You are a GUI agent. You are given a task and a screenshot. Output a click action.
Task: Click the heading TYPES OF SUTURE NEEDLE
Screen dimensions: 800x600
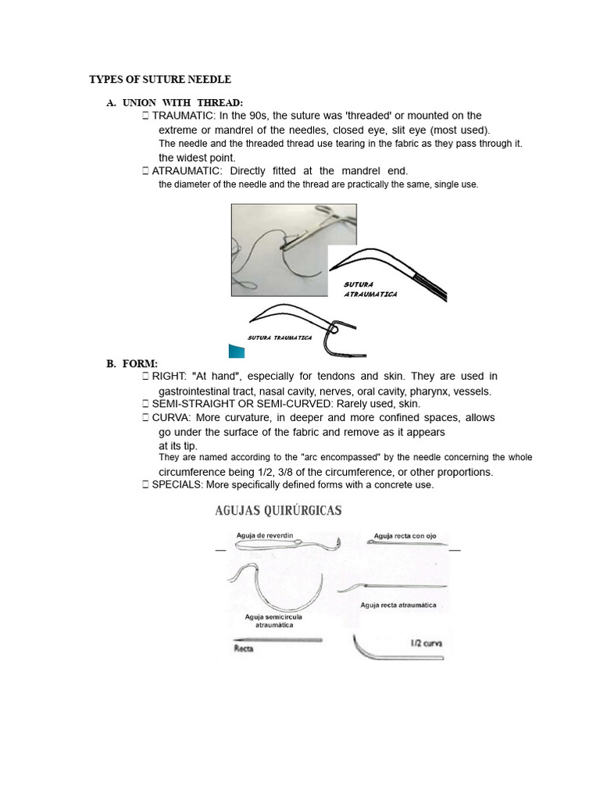pyautogui.click(x=160, y=80)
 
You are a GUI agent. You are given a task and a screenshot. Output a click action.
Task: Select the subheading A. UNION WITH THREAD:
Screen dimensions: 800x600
pyautogui.click(x=174, y=103)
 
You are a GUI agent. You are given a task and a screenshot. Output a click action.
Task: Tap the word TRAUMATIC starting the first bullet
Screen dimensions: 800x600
pyautogui.click(x=180, y=116)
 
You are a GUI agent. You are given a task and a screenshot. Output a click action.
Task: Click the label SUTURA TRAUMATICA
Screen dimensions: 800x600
pyautogui.click(x=280, y=337)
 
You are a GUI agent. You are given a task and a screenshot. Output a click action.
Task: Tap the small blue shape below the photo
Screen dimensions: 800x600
pyautogui.click(x=237, y=351)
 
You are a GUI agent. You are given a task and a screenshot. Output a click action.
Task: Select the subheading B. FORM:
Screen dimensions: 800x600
pyautogui.click(x=132, y=363)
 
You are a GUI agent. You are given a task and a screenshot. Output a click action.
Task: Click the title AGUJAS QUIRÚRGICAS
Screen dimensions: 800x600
pyautogui.click(x=278, y=511)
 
